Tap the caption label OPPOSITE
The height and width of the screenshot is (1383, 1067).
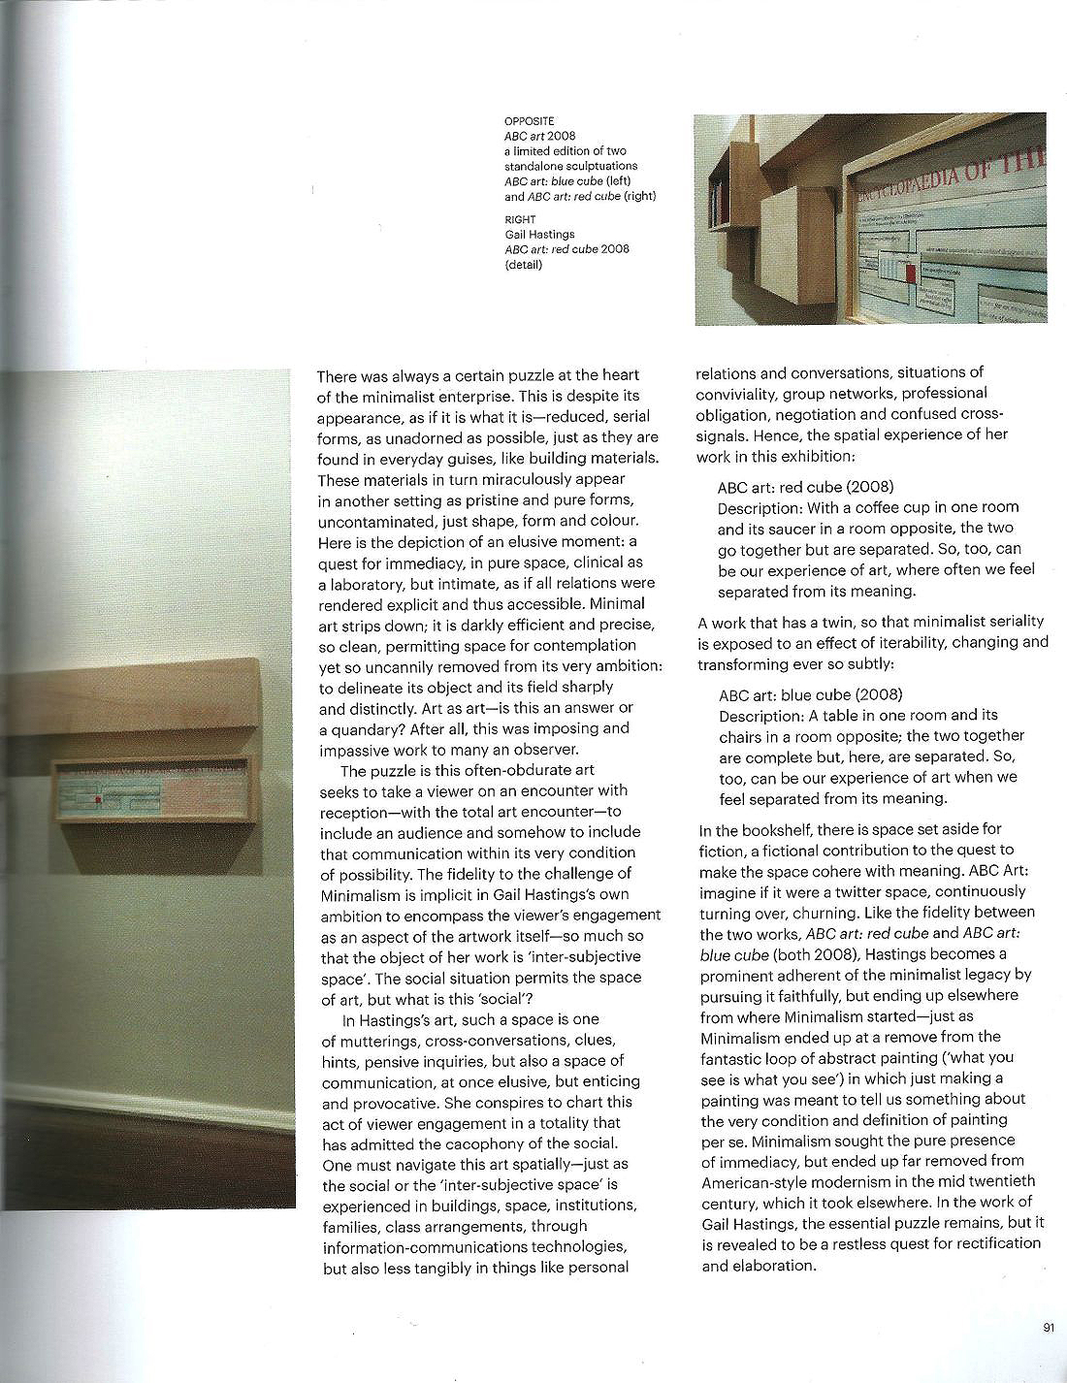[529, 121]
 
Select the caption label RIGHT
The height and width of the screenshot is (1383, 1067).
[520, 220]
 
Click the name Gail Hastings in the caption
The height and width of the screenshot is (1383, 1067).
[539, 235]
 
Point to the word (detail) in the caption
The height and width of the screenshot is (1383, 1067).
[524, 265]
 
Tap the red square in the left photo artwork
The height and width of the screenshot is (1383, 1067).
[98, 799]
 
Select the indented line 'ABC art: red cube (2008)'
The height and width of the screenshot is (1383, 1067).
[805, 487]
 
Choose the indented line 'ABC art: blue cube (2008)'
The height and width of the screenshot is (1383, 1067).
[810, 694]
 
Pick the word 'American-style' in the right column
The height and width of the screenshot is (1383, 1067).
[750, 1181]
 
